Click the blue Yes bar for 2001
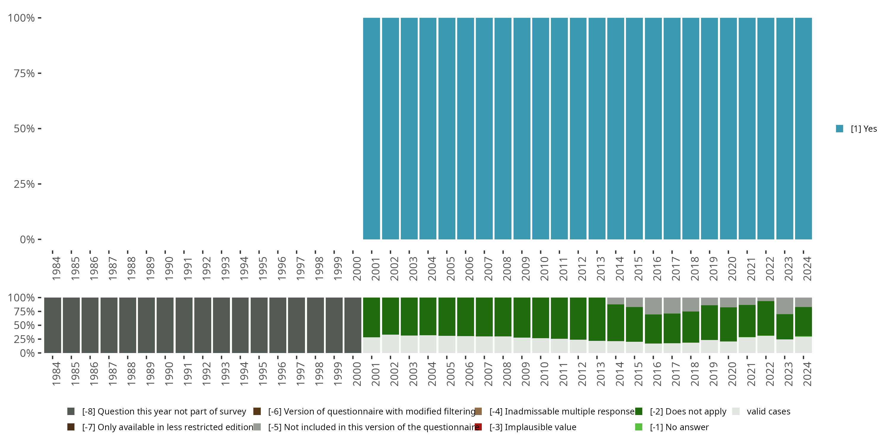[x=371, y=128]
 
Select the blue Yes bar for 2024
[x=803, y=128]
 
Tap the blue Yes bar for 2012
[x=578, y=128]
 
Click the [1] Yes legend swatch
[x=840, y=129]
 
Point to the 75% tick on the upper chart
[x=39, y=73]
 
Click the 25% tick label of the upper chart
[x=24, y=184]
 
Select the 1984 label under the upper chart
[x=56, y=268]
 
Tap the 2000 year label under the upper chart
[x=357, y=268]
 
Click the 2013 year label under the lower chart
[x=601, y=374]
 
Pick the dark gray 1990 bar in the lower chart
[x=165, y=325]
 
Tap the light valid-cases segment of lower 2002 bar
[x=390, y=344]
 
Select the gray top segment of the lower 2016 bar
[x=653, y=306]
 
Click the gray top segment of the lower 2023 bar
[x=785, y=306]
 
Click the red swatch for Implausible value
[x=478, y=427]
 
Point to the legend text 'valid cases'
[x=768, y=411]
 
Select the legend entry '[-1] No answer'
[x=679, y=427]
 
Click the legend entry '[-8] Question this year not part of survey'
[x=164, y=411]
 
